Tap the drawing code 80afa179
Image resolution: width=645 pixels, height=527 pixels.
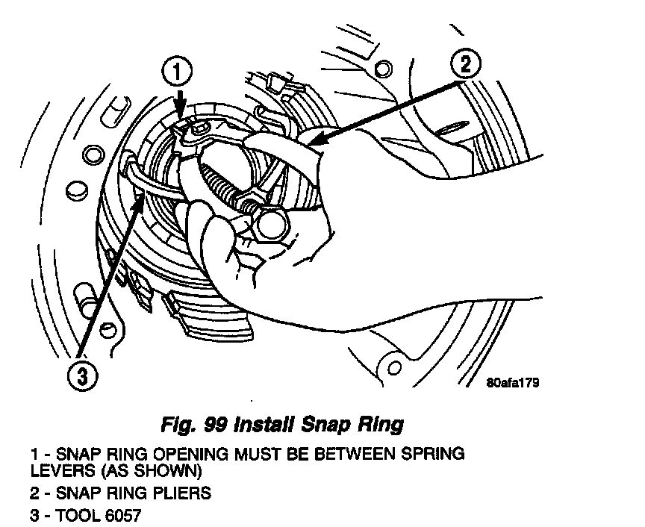pyautogui.click(x=512, y=383)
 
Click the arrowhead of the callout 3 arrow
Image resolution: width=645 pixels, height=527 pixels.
pyautogui.click(x=139, y=196)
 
